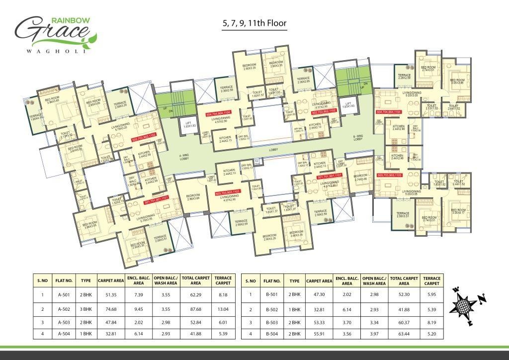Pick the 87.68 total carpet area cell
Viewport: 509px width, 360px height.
(x=195, y=309)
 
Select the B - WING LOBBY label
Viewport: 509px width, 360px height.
(x=359, y=137)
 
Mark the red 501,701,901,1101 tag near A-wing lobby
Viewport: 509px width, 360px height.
(x=158, y=202)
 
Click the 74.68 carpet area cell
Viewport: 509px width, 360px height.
(x=111, y=309)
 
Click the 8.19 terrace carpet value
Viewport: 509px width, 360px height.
(x=431, y=323)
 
